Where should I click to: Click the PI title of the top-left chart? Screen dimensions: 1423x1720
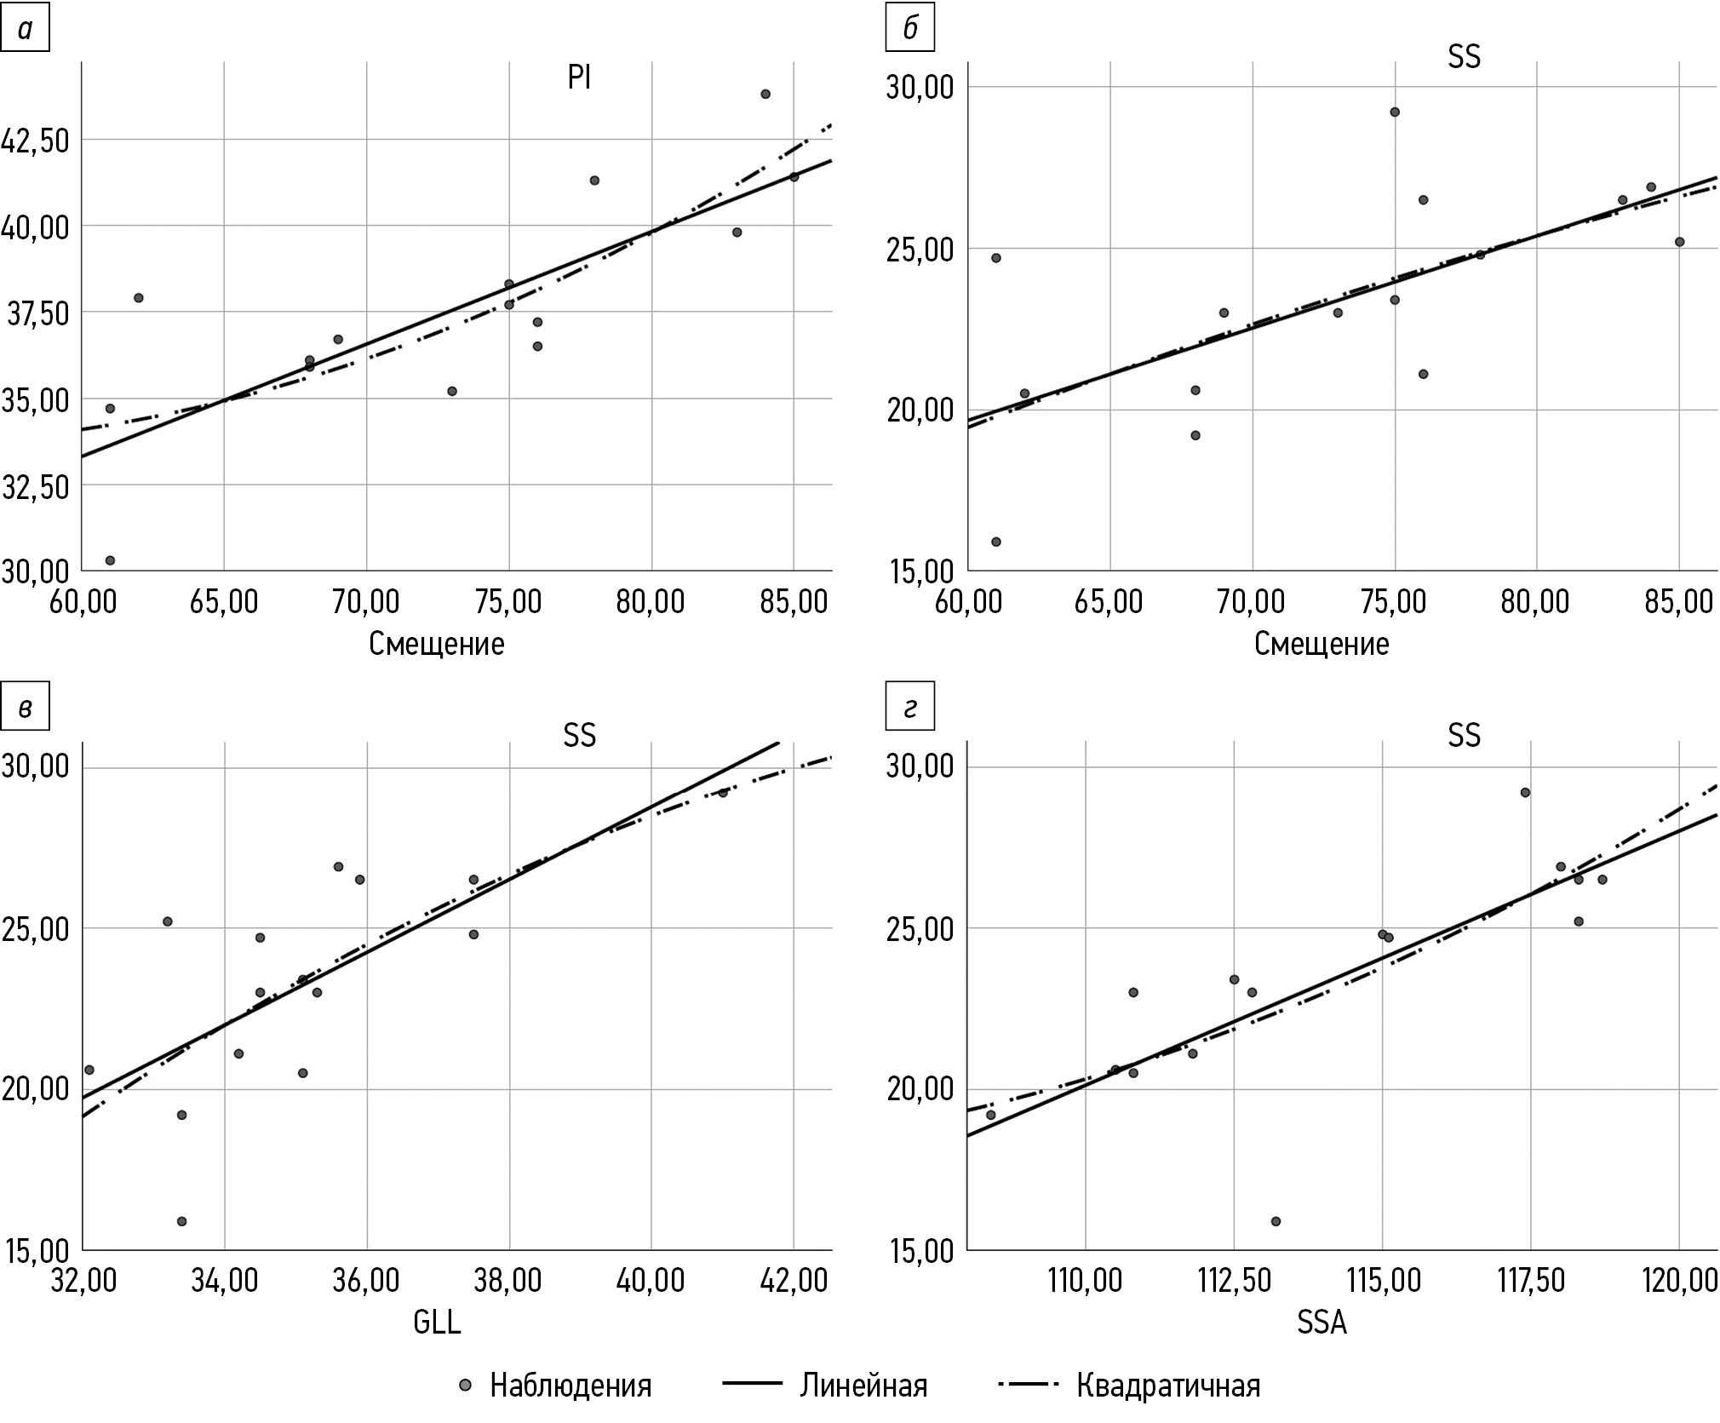(x=579, y=78)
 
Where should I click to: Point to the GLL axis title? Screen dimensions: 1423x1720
(x=437, y=1322)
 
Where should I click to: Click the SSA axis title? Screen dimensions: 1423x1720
(x=1322, y=1322)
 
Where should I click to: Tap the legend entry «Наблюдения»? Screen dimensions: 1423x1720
(x=570, y=1386)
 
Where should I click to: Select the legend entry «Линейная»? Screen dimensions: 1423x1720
(x=863, y=1386)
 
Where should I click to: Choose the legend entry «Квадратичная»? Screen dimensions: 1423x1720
(x=1167, y=1386)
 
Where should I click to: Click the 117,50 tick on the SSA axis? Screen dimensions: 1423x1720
(x=1530, y=1280)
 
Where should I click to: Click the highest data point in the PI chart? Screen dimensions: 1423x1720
(x=765, y=94)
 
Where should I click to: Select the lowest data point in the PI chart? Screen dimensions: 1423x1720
(x=110, y=560)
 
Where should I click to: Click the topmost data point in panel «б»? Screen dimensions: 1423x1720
(x=1395, y=112)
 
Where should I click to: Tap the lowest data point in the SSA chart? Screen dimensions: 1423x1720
(x=1276, y=1221)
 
